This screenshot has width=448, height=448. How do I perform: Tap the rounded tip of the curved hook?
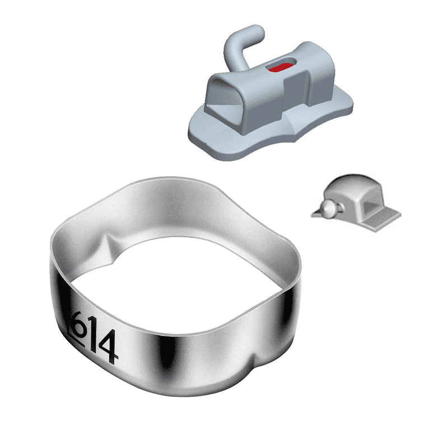click(x=259, y=31)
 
